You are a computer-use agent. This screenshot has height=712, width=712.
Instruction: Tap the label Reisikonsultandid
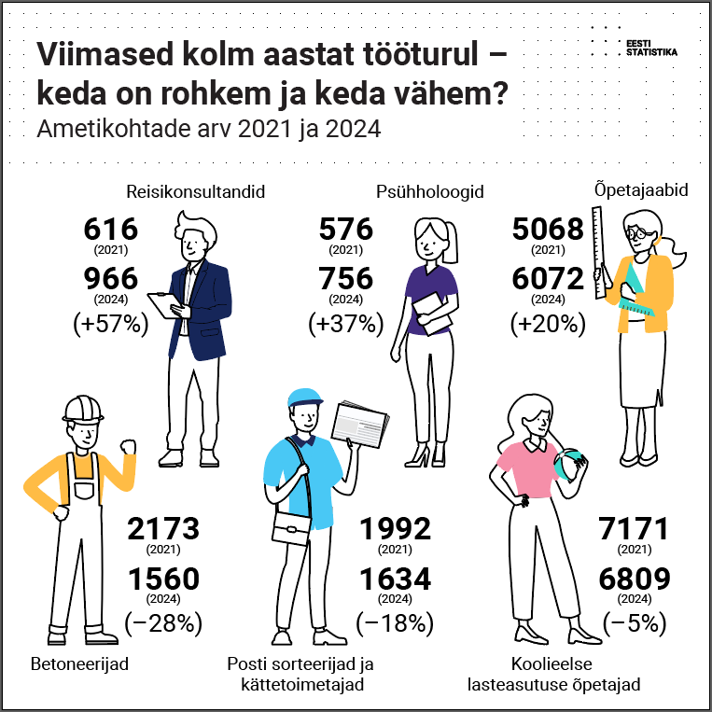(196, 192)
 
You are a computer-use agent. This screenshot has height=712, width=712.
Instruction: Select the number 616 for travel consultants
(110, 229)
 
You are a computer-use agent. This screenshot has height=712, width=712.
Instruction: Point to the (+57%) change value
(110, 325)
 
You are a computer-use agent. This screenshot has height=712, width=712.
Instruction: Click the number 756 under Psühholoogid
(345, 278)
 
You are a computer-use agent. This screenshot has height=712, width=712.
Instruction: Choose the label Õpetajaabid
(641, 190)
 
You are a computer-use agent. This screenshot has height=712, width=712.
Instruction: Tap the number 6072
(548, 278)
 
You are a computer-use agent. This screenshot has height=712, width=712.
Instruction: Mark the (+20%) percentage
(548, 325)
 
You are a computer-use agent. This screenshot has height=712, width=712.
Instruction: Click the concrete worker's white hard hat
(83, 408)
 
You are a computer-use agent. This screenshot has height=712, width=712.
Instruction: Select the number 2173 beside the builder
(163, 529)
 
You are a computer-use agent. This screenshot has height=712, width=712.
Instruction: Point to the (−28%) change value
(163, 623)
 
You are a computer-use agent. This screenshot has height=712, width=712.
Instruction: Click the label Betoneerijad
(79, 665)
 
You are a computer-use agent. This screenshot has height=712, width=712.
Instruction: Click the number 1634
(396, 579)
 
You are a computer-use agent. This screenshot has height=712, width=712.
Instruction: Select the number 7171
(634, 529)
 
